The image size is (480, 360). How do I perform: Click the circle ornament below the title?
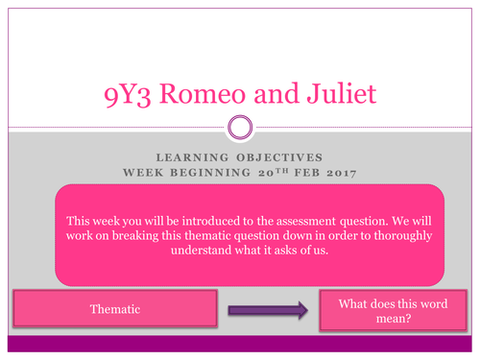[239, 128]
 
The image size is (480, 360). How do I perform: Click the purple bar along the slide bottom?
[240, 344]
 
